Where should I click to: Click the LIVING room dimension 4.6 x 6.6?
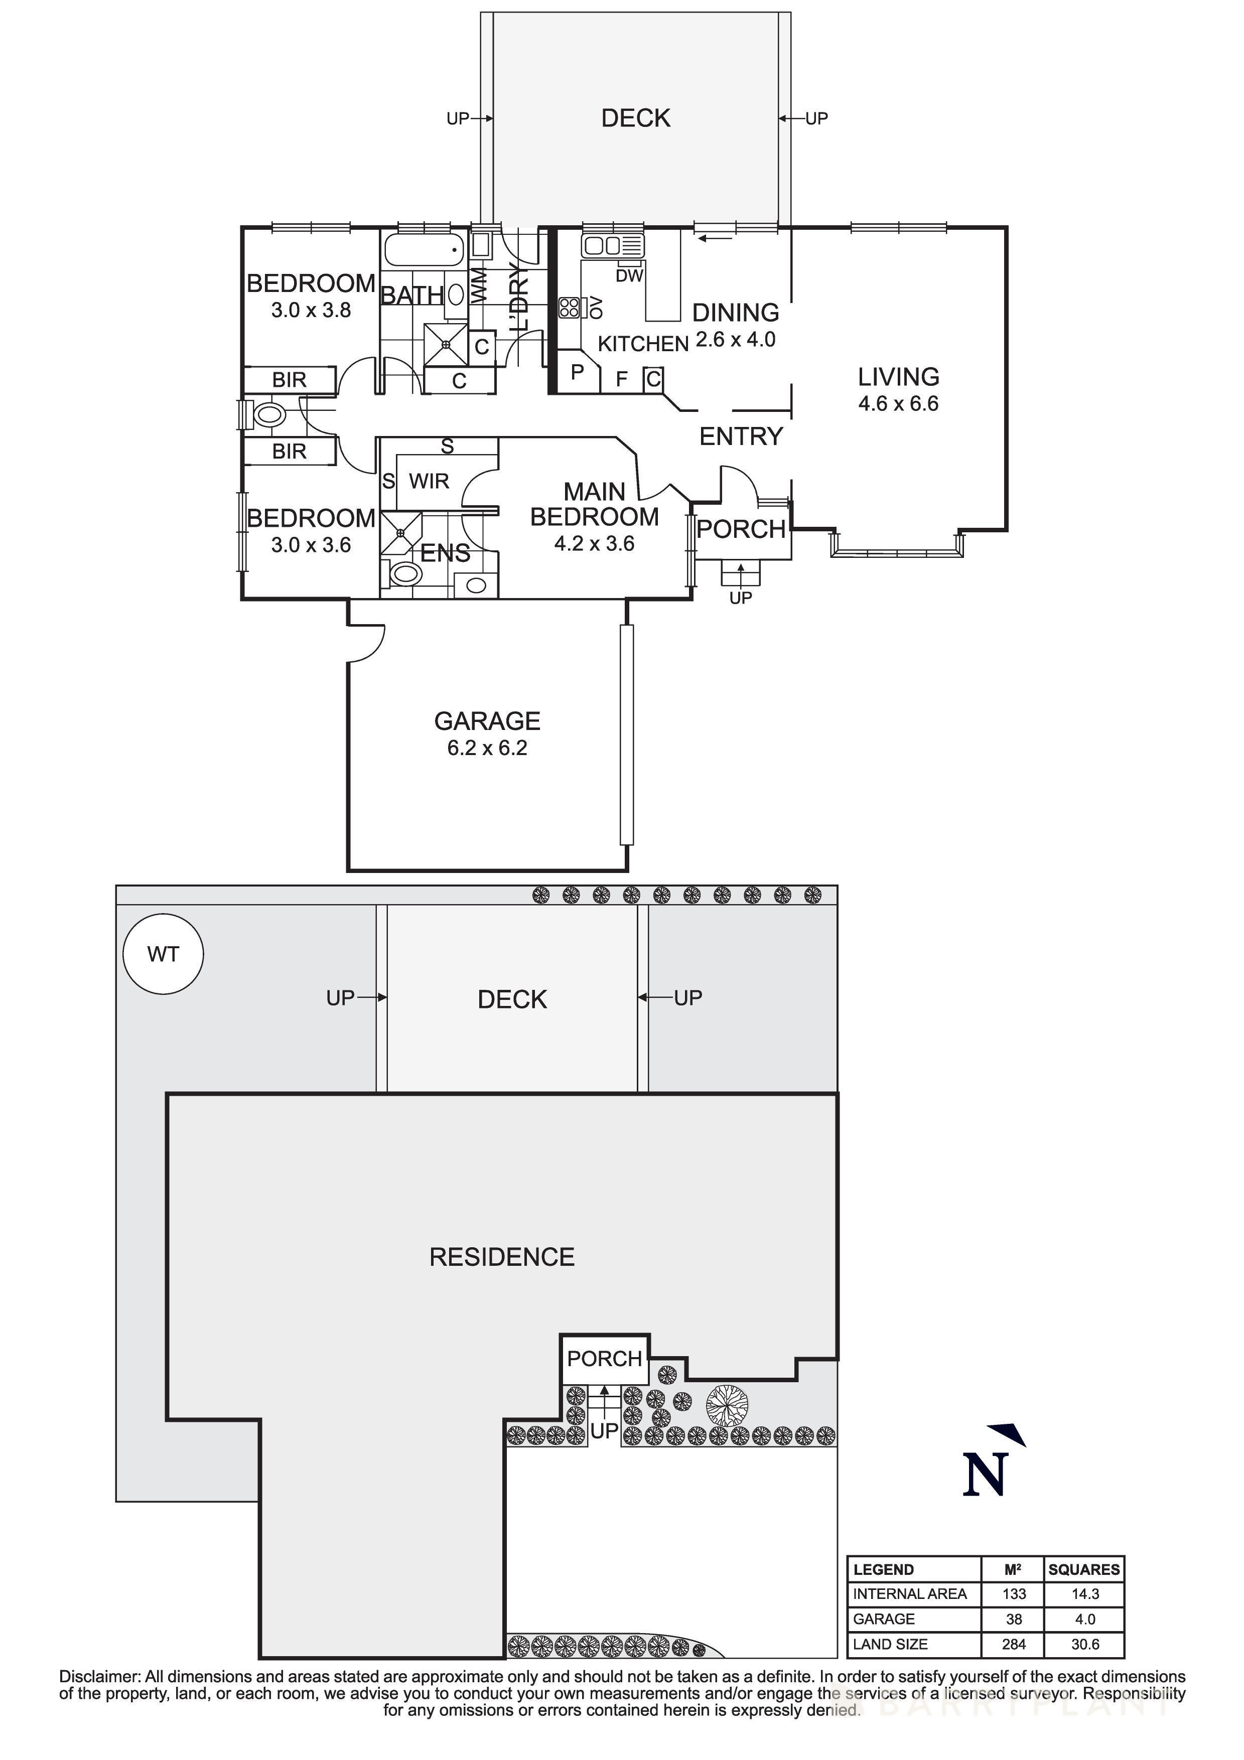(x=898, y=403)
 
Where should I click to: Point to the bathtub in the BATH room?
(x=424, y=250)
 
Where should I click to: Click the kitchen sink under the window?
(x=612, y=246)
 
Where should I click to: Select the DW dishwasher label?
(x=629, y=276)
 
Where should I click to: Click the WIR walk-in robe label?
(x=429, y=482)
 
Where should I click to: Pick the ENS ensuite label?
(x=445, y=553)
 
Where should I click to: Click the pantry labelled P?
(x=577, y=372)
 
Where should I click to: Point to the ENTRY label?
(x=740, y=436)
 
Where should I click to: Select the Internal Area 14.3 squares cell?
(x=1084, y=1593)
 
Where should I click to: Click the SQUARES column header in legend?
(x=1084, y=1569)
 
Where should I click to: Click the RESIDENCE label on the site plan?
(x=501, y=1257)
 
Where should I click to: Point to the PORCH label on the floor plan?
(x=740, y=529)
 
